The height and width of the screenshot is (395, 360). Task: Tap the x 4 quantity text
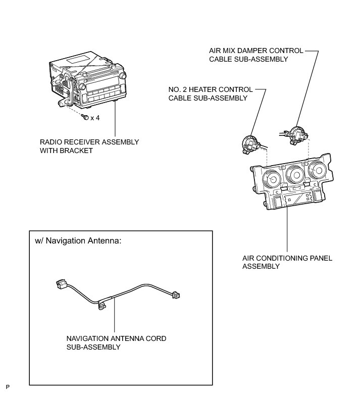pos(95,118)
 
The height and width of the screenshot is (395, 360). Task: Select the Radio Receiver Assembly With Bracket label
pos(89,146)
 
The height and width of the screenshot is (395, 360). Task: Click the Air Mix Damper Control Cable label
pos(256,55)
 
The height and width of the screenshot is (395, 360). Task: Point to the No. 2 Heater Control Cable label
pos(211,93)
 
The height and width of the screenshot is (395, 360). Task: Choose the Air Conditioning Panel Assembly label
pos(287,262)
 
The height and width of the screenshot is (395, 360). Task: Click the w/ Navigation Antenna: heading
pos(78,241)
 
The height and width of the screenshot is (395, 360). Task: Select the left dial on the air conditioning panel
pos(273,179)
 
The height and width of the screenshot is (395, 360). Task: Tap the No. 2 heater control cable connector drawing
pos(250,143)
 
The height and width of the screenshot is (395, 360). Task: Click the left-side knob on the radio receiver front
pos(81,87)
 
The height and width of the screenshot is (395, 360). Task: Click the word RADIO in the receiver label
pos(50,142)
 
